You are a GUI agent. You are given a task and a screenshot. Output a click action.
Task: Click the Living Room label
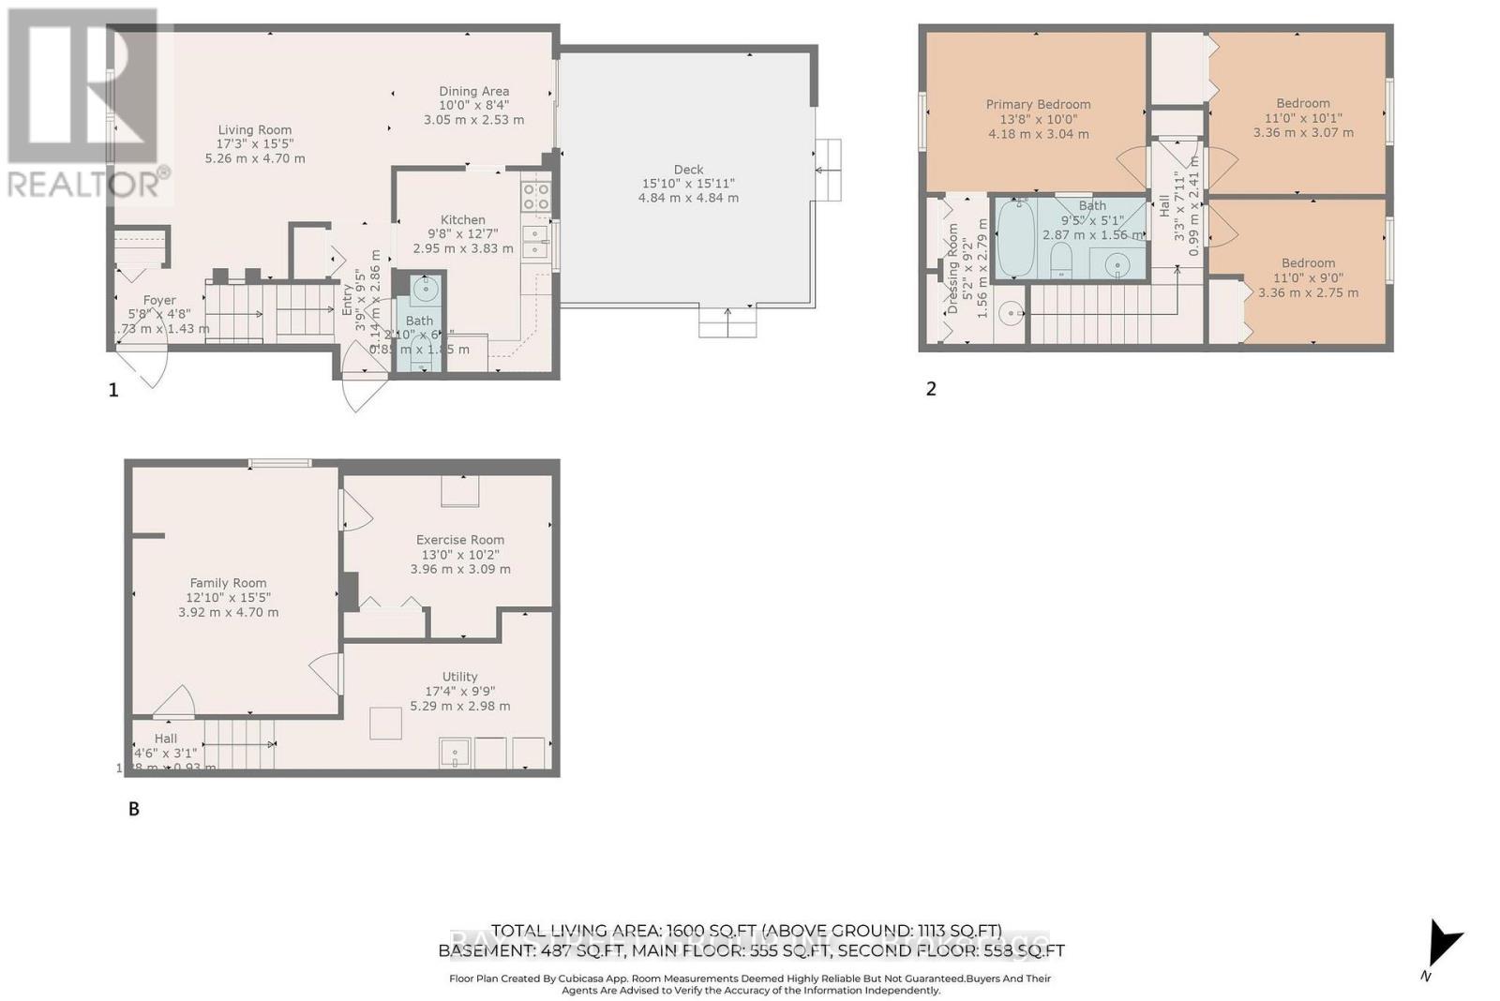click(x=254, y=130)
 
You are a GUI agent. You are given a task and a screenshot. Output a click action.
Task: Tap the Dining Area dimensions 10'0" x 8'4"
click(x=473, y=106)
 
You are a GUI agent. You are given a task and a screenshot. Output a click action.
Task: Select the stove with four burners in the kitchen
click(x=536, y=197)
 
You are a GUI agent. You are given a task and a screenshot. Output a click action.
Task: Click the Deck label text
click(x=688, y=170)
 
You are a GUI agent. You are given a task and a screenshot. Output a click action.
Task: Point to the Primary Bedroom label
click(x=1038, y=104)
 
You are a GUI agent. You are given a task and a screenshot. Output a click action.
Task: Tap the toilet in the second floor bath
click(x=1061, y=258)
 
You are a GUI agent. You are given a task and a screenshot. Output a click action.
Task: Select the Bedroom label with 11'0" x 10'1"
click(x=1302, y=103)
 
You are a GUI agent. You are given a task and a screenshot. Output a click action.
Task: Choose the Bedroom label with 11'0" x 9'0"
click(x=1308, y=263)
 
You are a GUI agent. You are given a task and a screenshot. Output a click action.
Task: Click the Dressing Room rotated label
click(x=953, y=268)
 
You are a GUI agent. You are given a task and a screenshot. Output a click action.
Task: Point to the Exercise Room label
click(x=460, y=540)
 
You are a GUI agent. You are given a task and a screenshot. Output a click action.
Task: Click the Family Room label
click(x=228, y=583)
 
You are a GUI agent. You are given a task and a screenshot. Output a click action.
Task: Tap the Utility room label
click(x=459, y=677)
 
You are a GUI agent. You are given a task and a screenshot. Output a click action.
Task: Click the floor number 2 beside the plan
click(x=931, y=388)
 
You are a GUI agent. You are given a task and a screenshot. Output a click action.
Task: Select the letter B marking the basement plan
click(x=134, y=809)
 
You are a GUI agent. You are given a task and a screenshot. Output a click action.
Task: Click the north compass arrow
click(x=1444, y=943)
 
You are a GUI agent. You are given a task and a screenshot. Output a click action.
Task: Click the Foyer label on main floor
click(x=159, y=301)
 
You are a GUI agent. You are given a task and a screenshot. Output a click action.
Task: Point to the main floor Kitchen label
click(x=463, y=219)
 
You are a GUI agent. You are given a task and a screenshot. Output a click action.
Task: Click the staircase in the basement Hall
click(x=239, y=744)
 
